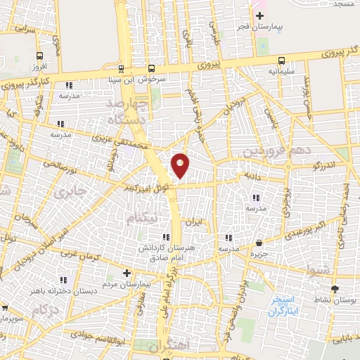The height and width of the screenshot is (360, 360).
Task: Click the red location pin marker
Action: pyautogui.click(x=181, y=165)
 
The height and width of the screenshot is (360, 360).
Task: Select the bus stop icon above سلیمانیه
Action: pyautogui.click(x=282, y=60)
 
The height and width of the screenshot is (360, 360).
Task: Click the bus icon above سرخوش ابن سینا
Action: pyautogui.click(x=122, y=69)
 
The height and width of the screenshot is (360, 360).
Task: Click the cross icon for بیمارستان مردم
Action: pyautogui.click(x=127, y=273)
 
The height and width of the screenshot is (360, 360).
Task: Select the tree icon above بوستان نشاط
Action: pyautogui.click(x=334, y=288)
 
